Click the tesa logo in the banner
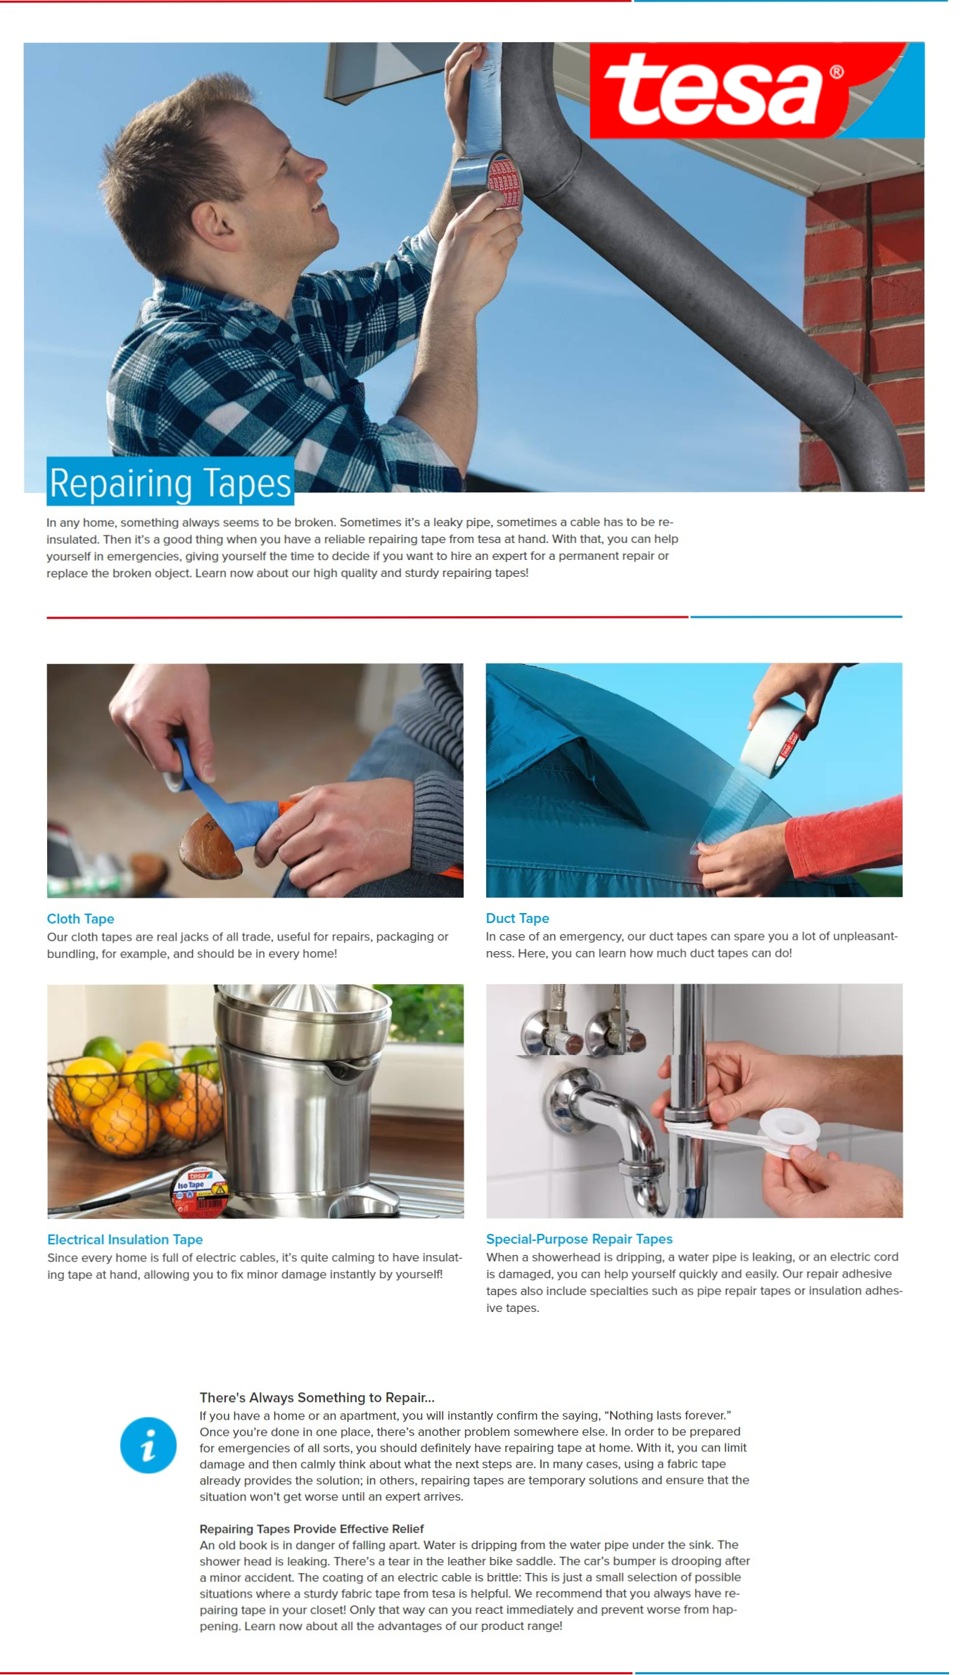(756, 90)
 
